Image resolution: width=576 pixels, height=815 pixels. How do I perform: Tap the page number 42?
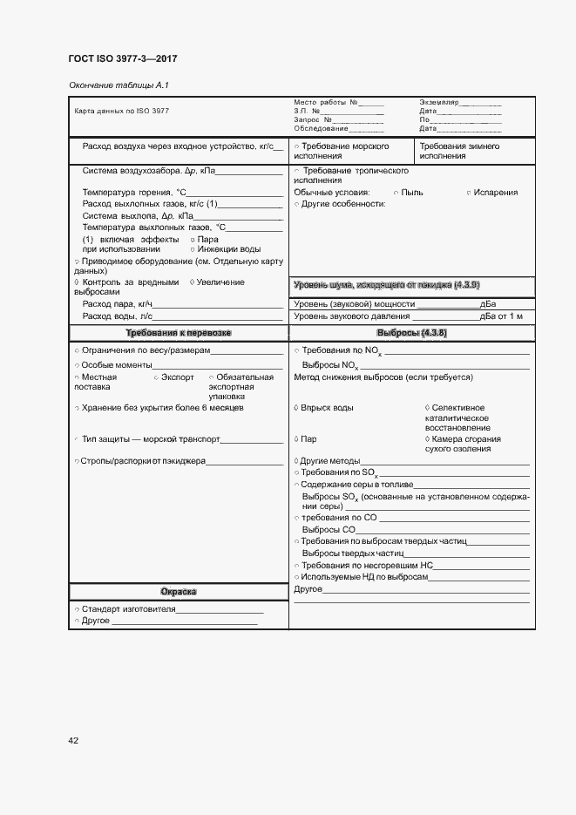[74, 740]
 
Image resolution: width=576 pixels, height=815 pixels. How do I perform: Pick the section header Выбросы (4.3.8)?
[411, 334]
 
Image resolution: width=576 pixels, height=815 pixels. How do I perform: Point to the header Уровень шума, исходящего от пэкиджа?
[387, 285]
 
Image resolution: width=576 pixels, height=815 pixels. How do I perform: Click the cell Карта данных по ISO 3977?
[122, 112]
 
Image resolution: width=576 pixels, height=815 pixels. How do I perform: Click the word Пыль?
[412, 193]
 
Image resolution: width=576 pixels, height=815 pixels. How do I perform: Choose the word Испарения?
[497, 193]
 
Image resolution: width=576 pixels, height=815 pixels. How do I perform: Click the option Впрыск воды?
[328, 408]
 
